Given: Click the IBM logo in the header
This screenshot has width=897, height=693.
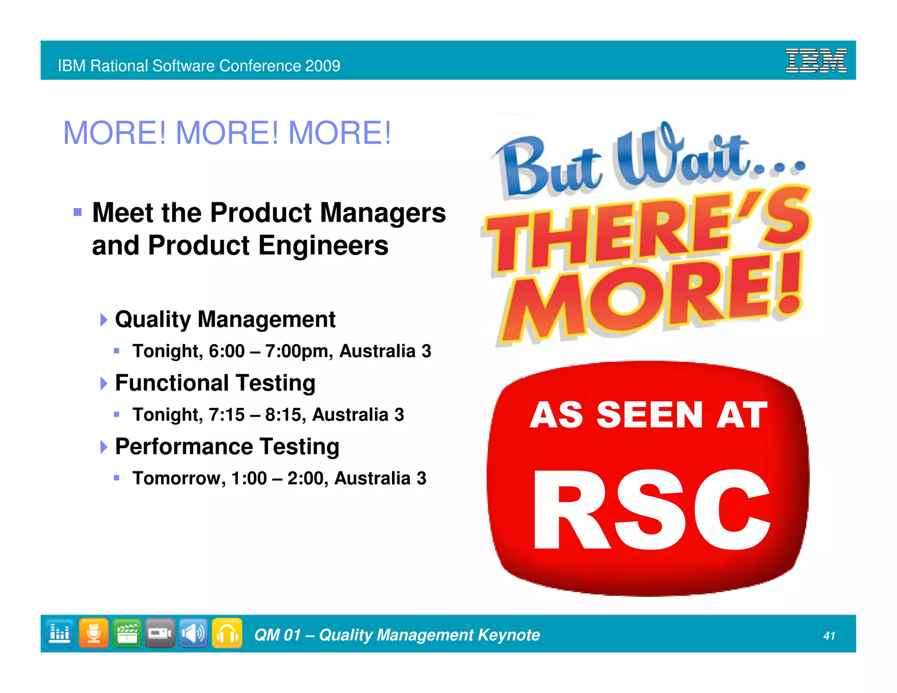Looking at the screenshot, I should tap(816, 60).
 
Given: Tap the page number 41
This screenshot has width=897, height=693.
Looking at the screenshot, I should tap(829, 636).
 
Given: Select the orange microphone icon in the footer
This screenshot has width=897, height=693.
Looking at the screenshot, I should tap(94, 633).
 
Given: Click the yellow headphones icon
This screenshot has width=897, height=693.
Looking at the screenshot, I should tap(227, 633).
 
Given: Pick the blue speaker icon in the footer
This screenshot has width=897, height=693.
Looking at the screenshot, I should tap(193, 633).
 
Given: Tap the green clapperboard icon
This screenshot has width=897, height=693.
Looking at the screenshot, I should tap(127, 633).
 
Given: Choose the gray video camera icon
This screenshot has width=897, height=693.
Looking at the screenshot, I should tap(160, 633).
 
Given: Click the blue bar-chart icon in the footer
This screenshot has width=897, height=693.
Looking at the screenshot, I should tap(60, 633).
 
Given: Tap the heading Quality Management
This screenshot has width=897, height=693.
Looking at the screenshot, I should tap(225, 319).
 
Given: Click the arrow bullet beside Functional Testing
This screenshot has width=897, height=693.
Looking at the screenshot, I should tap(104, 383).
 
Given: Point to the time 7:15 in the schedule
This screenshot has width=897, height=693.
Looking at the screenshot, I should tap(226, 414).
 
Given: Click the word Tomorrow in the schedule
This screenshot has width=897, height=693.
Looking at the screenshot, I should tap(179, 478).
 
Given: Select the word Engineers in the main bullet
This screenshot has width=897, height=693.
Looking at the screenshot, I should tap(323, 245).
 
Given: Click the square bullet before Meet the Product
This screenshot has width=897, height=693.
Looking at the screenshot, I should tap(78, 213).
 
